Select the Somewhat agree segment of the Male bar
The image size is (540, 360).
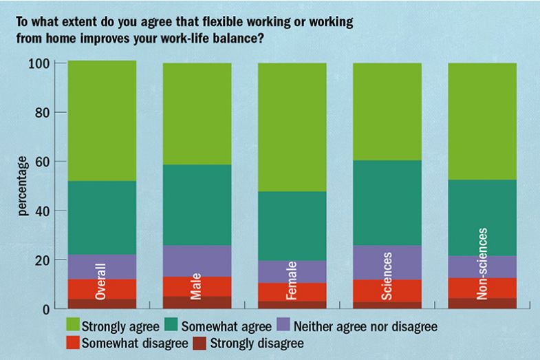(197, 204)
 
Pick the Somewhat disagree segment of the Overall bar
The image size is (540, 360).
(101, 288)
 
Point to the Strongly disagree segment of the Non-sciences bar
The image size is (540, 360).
(482, 303)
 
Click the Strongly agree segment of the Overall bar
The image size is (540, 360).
(101, 120)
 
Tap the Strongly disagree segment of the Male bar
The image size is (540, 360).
(197, 302)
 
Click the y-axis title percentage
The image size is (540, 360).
(23, 186)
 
